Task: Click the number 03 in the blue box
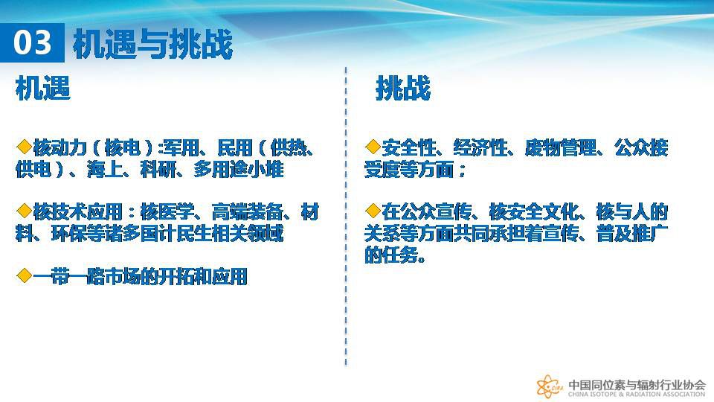point(32,43)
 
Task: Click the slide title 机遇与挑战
point(152,44)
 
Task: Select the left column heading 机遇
point(43,88)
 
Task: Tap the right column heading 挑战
point(403,88)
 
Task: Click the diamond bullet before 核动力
point(24,147)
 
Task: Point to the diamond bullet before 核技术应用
point(24,211)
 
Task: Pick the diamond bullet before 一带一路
point(24,275)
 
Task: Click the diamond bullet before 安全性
point(373,147)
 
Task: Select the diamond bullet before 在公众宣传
point(373,211)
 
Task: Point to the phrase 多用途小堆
point(238,170)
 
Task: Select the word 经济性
point(480,147)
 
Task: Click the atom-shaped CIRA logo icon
point(550,387)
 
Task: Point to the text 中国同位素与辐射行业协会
point(637,384)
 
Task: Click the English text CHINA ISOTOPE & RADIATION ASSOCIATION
point(637,395)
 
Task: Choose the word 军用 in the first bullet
point(181,147)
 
